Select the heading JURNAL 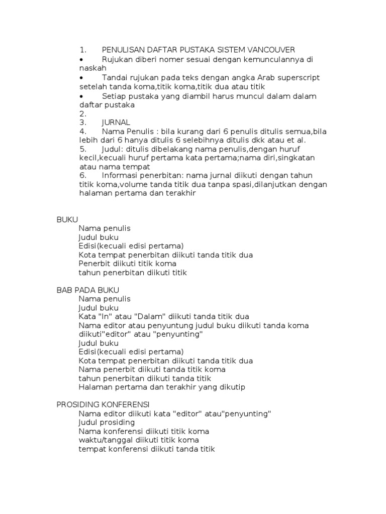(116, 122)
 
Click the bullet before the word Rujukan (81, 59)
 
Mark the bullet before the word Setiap (81, 96)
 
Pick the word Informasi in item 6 (120, 175)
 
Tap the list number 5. (82, 149)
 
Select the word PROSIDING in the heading (77, 405)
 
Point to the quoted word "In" (107, 317)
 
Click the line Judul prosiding (107, 423)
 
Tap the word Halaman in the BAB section (96, 387)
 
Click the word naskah (93, 68)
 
